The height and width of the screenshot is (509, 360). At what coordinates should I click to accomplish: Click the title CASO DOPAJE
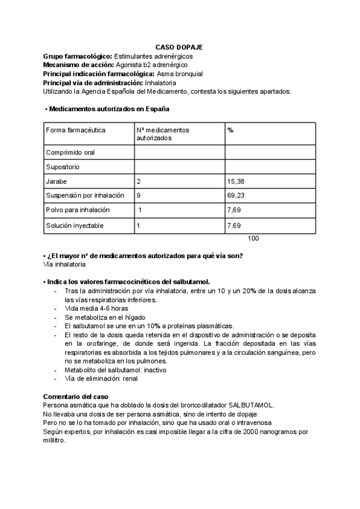(179, 46)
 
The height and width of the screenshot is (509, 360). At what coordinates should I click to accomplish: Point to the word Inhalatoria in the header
(161, 82)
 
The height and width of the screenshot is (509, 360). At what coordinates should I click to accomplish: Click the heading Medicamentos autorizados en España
(109, 109)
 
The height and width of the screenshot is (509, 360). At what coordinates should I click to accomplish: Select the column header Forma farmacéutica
(76, 130)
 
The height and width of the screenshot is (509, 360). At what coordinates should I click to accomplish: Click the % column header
(230, 130)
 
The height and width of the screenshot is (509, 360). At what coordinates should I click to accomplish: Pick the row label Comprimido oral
(70, 152)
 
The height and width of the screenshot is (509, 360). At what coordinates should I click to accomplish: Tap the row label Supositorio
(62, 167)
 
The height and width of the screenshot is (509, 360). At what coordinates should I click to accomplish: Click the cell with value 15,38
(236, 181)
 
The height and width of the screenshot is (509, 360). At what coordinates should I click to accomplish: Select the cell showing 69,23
(236, 196)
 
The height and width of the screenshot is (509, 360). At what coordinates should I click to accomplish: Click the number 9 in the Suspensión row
(139, 196)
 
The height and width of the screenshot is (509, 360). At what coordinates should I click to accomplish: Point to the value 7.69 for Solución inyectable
(234, 226)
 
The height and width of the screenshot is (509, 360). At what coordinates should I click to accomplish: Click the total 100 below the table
(253, 238)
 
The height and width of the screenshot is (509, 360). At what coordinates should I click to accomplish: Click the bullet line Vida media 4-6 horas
(88, 309)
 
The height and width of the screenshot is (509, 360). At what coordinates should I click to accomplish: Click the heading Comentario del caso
(76, 397)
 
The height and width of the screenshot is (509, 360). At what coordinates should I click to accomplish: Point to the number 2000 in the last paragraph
(239, 432)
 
